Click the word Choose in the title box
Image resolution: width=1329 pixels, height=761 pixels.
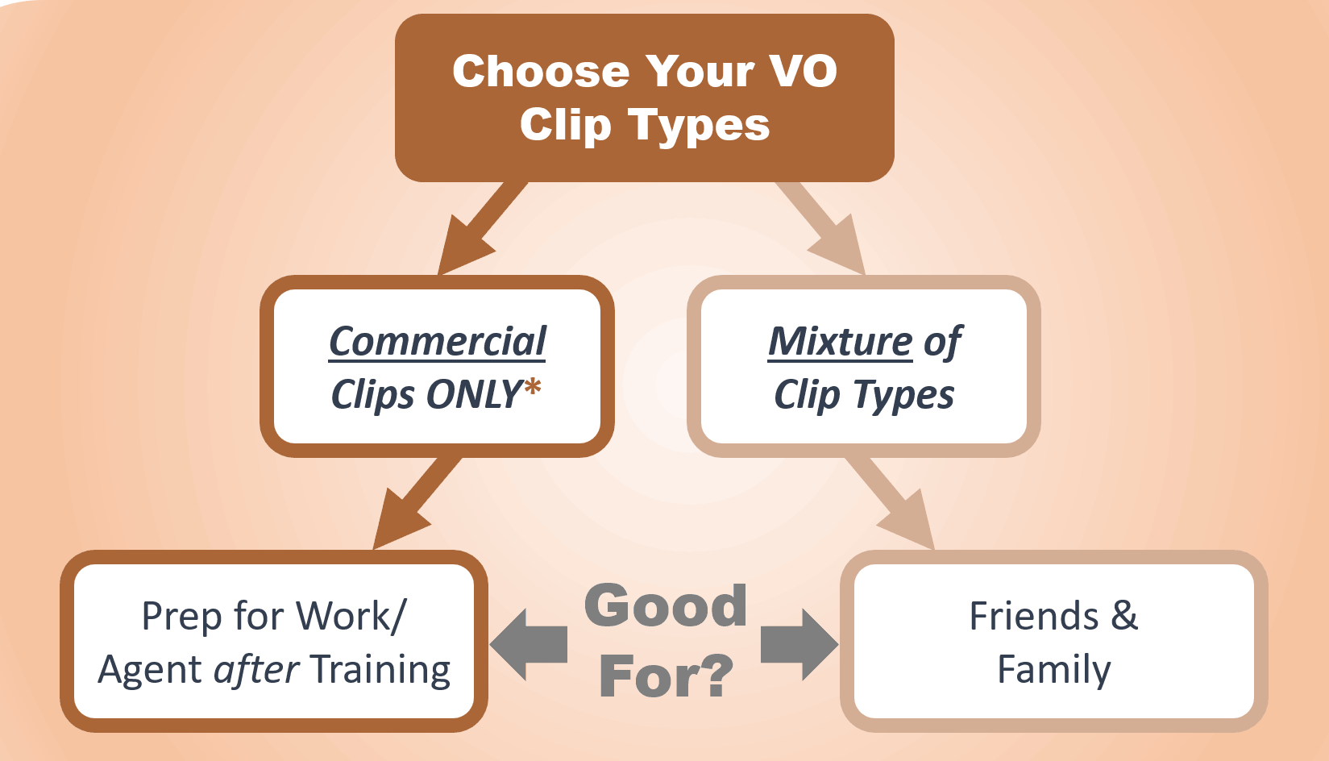(x=541, y=71)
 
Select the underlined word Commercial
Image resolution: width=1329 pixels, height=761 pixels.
(x=438, y=341)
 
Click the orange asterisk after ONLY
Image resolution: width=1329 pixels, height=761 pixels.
(x=532, y=386)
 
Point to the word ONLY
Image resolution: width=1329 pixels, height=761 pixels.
(x=474, y=394)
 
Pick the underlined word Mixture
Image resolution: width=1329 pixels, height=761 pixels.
(x=840, y=341)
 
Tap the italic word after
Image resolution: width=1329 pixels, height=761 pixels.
(x=256, y=669)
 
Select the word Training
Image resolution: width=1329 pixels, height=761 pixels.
(x=380, y=671)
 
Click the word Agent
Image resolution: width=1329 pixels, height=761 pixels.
(x=150, y=671)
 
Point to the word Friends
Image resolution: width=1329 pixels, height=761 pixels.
(x=1034, y=616)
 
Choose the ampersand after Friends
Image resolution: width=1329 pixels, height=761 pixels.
(x=1124, y=616)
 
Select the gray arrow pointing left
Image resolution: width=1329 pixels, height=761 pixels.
(x=528, y=644)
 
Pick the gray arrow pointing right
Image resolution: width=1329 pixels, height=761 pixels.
(x=799, y=644)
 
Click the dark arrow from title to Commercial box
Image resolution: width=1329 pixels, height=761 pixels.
(x=481, y=228)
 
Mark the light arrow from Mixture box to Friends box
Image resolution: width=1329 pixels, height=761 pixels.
(x=890, y=503)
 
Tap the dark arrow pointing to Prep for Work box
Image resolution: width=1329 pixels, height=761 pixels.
(x=417, y=503)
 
